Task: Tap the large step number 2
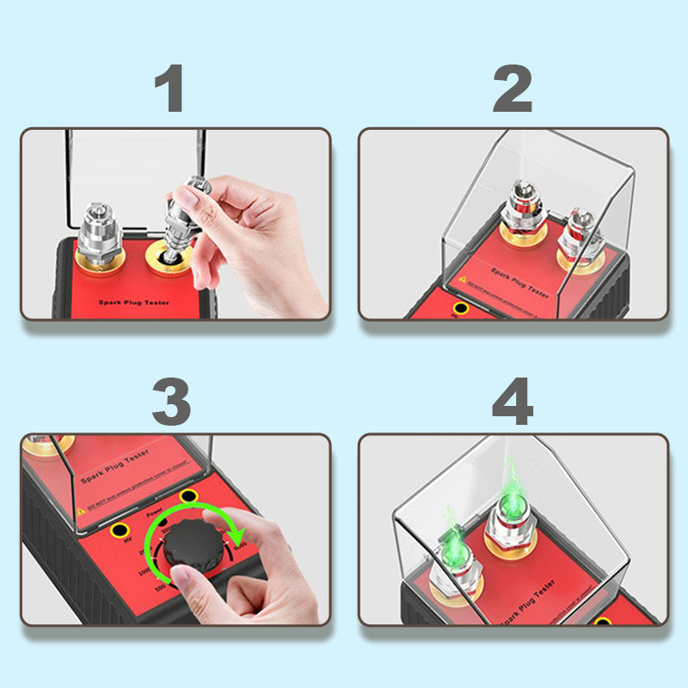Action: coord(513,89)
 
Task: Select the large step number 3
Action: coord(171,401)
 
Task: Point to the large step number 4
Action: coord(513,401)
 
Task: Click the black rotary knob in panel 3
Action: coord(194,544)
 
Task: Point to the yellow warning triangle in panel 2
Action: coord(462,279)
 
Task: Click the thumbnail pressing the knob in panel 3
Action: coord(192,592)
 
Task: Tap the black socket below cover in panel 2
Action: coord(462,307)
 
